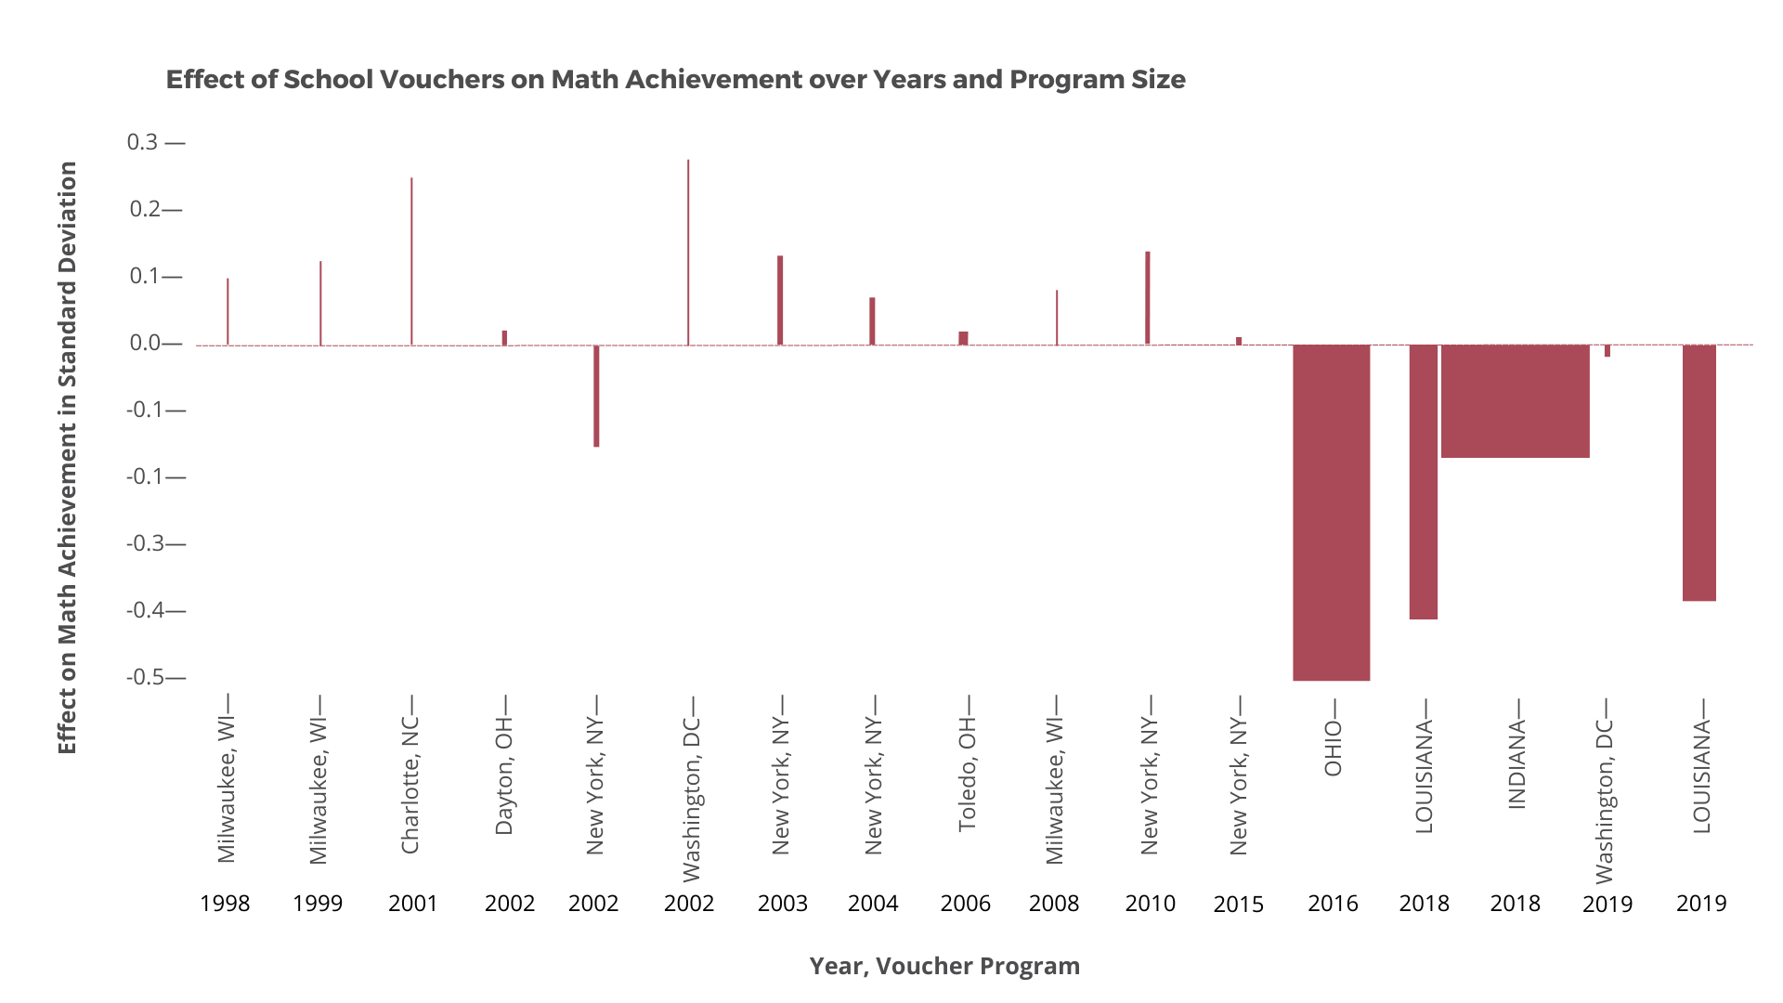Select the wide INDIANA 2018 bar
(x=1515, y=401)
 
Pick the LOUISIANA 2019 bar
(x=1698, y=473)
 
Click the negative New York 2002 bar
(x=596, y=397)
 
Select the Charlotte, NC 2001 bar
(x=411, y=261)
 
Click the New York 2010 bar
(x=1147, y=297)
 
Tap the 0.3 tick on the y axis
(x=143, y=142)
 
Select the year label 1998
(x=225, y=904)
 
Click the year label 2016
(x=1333, y=904)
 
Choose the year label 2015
(x=1239, y=905)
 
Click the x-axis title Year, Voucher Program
(x=944, y=966)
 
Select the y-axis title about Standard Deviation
(x=67, y=457)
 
